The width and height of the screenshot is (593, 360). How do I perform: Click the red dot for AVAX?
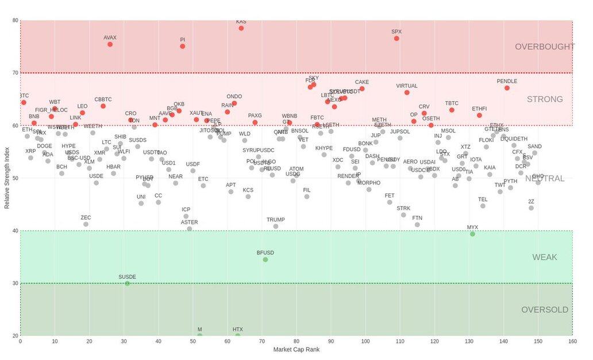click(x=110, y=44)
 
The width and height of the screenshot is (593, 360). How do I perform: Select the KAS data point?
click(x=241, y=28)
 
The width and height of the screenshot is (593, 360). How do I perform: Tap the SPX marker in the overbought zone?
click(x=396, y=38)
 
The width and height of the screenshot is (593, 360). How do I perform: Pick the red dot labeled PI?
click(x=183, y=47)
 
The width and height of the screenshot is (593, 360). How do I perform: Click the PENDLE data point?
click(x=507, y=88)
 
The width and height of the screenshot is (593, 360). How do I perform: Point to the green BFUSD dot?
click(x=265, y=260)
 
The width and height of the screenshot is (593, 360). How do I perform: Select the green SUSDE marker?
click(x=128, y=284)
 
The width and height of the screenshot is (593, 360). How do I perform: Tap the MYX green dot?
click(x=472, y=234)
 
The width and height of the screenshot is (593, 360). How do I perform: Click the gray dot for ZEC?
click(x=86, y=224)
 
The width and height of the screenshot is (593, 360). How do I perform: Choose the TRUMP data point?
click(x=276, y=226)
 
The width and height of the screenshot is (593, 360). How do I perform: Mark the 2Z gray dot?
click(x=531, y=208)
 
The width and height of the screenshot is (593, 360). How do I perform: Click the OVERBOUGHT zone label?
click(x=544, y=47)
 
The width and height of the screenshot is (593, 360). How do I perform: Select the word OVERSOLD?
click(x=544, y=310)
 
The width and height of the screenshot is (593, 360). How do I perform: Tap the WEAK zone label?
click(x=544, y=257)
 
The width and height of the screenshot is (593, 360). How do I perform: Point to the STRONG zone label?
click(x=544, y=99)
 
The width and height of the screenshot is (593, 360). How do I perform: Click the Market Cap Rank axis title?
click(x=296, y=349)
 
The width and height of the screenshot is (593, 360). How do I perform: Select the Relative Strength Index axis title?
click(x=7, y=177)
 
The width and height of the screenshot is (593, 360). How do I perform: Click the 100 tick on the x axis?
click(x=365, y=341)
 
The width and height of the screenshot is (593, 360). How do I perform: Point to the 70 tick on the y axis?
click(x=14, y=73)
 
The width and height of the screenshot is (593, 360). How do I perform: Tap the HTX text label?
click(x=238, y=330)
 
